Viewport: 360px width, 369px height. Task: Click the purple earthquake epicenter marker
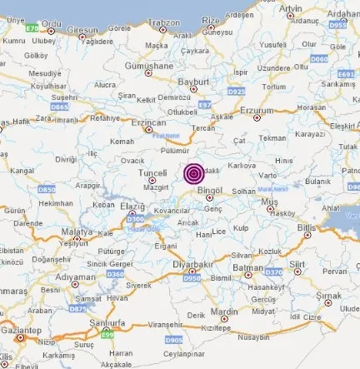[194, 174]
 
